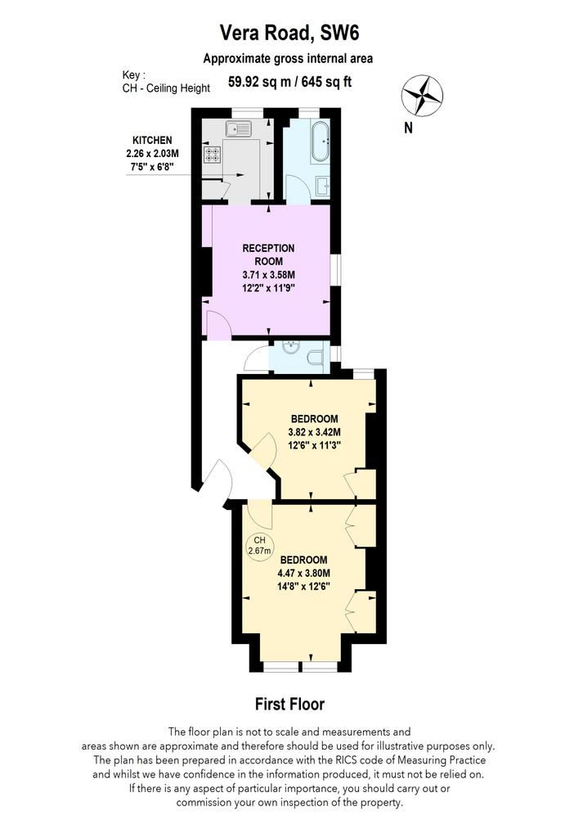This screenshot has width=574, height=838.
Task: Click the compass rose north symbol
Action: pyautogui.click(x=422, y=96)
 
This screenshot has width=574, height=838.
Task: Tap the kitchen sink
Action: pyautogui.click(x=238, y=128)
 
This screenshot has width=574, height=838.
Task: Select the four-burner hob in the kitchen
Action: pyautogui.click(x=211, y=155)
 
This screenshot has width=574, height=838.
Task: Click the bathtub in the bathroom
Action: pyautogui.click(x=321, y=142)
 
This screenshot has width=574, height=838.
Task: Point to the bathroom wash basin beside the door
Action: pyautogui.click(x=323, y=187)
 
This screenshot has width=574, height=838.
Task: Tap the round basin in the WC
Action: pyautogui.click(x=291, y=347)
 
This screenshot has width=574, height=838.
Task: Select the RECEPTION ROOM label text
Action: pyautogui.click(x=268, y=255)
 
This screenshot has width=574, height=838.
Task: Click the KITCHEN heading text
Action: pyautogui.click(x=152, y=141)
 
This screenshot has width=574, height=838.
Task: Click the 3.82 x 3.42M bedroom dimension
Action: pyautogui.click(x=314, y=432)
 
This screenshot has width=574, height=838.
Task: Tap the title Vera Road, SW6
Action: pyautogui.click(x=289, y=33)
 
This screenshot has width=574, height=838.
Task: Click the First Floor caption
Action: pyautogui.click(x=289, y=704)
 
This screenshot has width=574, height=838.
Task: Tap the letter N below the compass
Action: pyautogui.click(x=409, y=128)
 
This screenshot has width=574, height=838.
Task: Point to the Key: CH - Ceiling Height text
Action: pyautogui.click(x=166, y=82)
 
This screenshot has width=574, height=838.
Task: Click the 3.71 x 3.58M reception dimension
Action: pyautogui.click(x=268, y=275)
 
